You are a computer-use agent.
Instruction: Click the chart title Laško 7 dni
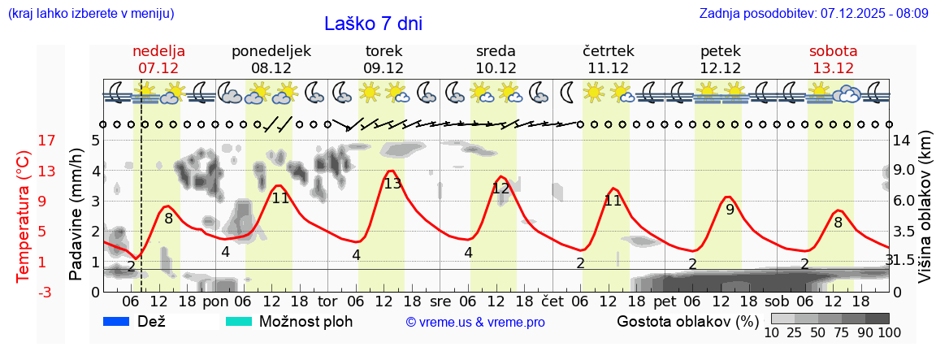click(373, 24)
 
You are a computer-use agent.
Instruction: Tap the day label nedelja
click(159, 51)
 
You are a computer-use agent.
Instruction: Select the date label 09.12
click(383, 68)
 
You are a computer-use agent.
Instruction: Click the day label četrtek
click(609, 51)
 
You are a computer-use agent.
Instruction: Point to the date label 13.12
click(833, 68)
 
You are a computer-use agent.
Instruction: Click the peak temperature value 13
click(392, 184)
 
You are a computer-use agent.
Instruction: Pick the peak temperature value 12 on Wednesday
click(500, 189)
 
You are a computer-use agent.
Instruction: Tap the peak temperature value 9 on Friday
click(730, 209)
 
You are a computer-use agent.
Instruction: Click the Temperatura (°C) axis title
click(24, 215)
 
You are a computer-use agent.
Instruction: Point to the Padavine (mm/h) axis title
click(76, 215)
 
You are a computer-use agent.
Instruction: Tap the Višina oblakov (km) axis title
click(925, 215)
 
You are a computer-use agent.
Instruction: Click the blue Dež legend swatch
click(117, 321)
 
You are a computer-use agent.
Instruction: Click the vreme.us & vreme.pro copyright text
click(475, 323)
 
